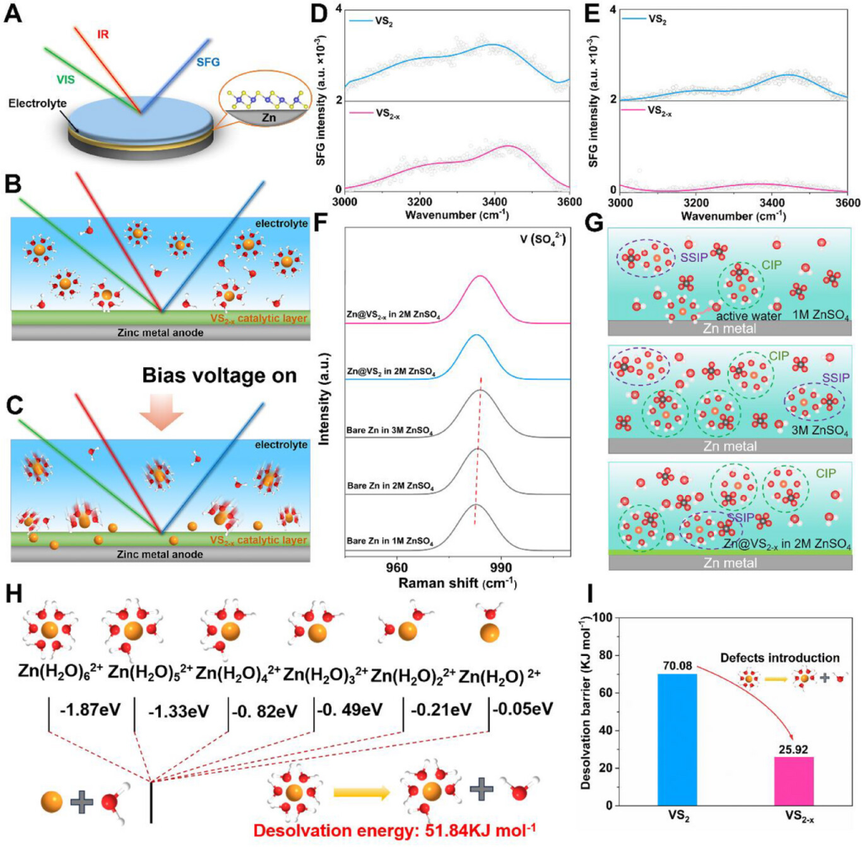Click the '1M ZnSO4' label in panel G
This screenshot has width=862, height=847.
click(x=814, y=314)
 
